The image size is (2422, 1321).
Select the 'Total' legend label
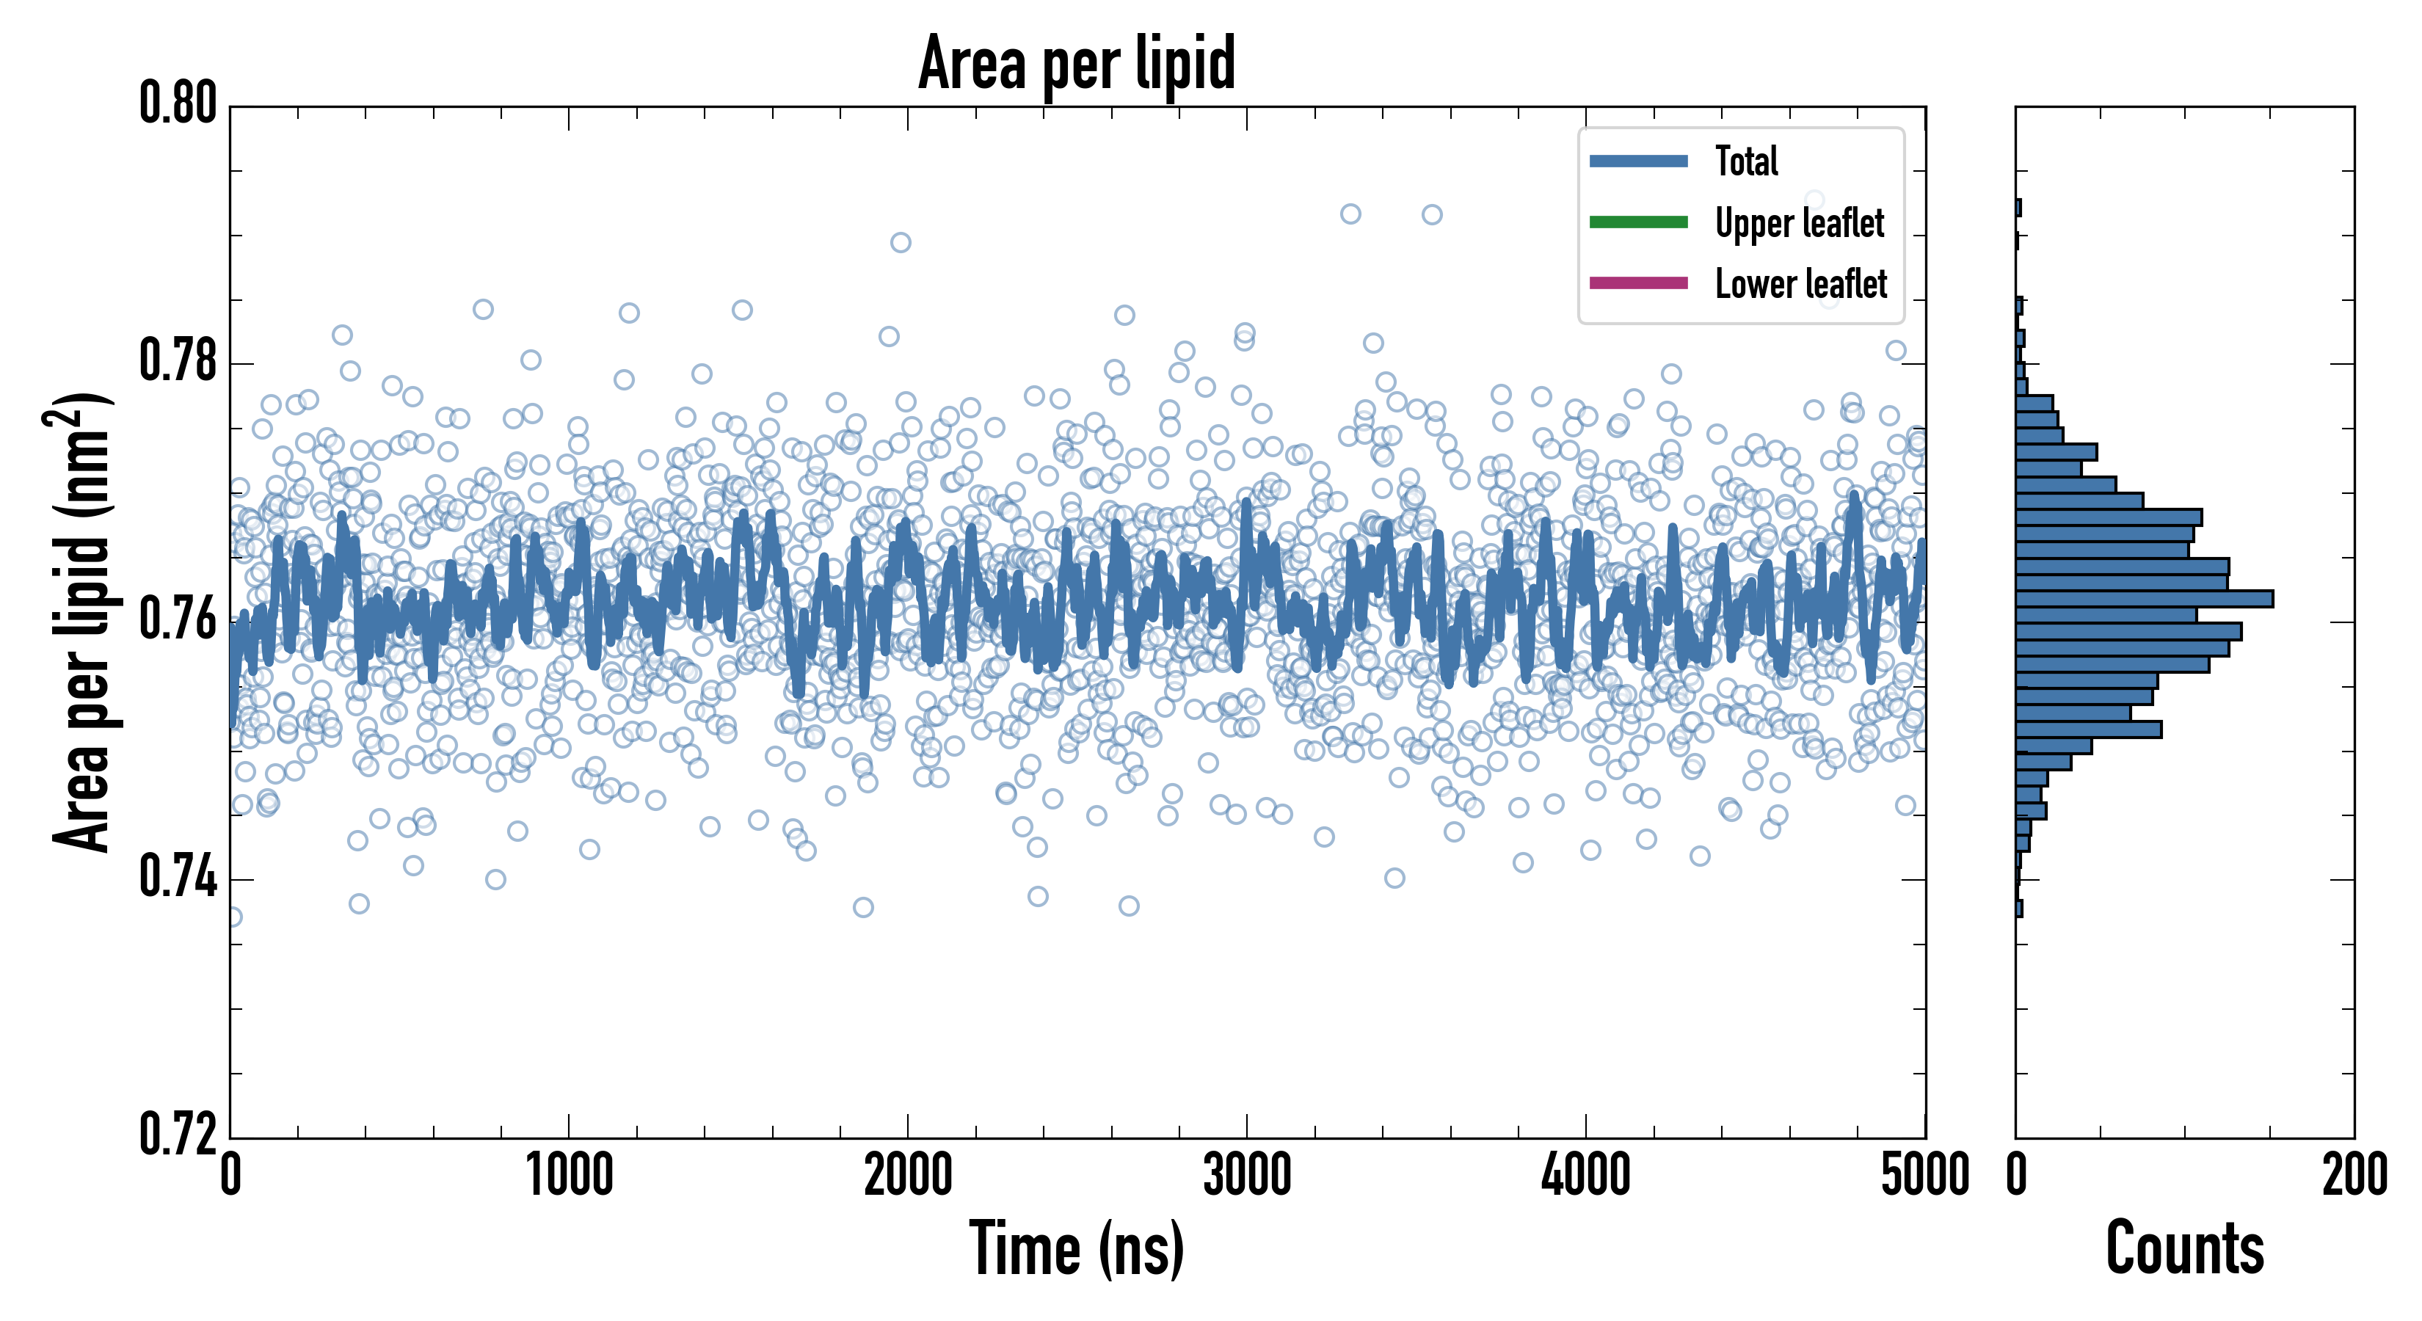coord(1746,161)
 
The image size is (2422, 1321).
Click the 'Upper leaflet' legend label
coord(1799,223)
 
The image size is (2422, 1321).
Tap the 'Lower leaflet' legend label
coord(1800,283)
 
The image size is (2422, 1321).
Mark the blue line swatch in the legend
coord(1638,161)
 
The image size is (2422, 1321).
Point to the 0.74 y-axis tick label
coord(178,878)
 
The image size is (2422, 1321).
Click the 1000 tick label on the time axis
coord(569,1175)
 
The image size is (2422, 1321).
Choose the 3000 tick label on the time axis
coord(1247,1175)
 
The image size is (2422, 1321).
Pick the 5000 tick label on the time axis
coord(1924,1175)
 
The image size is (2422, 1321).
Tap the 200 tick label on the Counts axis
coord(2353,1175)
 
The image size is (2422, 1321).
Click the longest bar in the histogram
coord(2144,599)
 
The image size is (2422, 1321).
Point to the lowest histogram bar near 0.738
coord(2018,909)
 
